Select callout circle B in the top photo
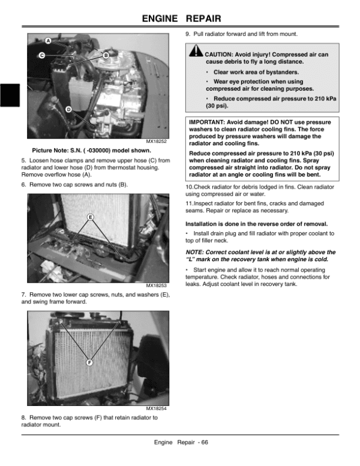click(x=106, y=56)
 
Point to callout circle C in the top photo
click(x=42, y=56)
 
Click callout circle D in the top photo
click(x=68, y=109)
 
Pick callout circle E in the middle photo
click(x=91, y=216)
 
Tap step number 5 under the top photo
click(x=22, y=160)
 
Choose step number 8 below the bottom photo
click(x=22, y=417)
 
